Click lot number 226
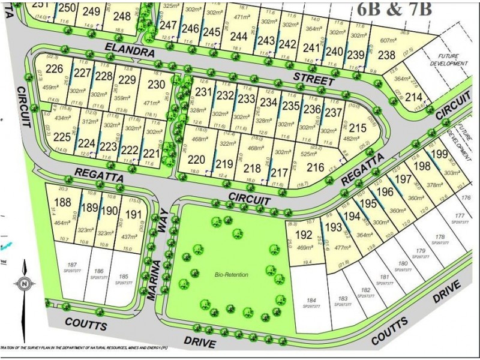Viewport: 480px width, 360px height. pyautogui.click(x=54, y=68)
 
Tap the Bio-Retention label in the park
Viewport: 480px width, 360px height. pyautogui.click(x=231, y=275)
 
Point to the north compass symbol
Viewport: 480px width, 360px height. pyautogui.click(x=24, y=283)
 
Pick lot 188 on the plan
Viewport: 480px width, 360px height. pyautogui.click(x=62, y=202)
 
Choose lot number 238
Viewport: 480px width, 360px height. pyautogui.click(x=386, y=56)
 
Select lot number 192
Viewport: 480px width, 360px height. pyautogui.click(x=305, y=235)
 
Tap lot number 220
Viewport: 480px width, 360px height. pyautogui.click(x=196, y=160)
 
